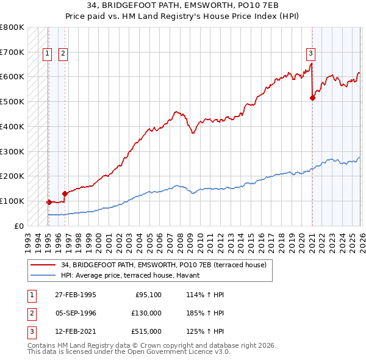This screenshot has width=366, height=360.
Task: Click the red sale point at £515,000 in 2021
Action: pos(312,97)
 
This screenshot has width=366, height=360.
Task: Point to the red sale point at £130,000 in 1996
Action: pos(64,193)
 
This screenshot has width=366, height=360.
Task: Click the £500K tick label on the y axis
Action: pos(12,102)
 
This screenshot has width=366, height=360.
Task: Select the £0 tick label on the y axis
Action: pos(18,226)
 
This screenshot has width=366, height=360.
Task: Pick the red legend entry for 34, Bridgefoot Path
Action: pos(160,265)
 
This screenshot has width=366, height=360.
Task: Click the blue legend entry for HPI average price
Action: pos(134,276)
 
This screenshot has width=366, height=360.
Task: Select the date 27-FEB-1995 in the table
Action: pos(75,295)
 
